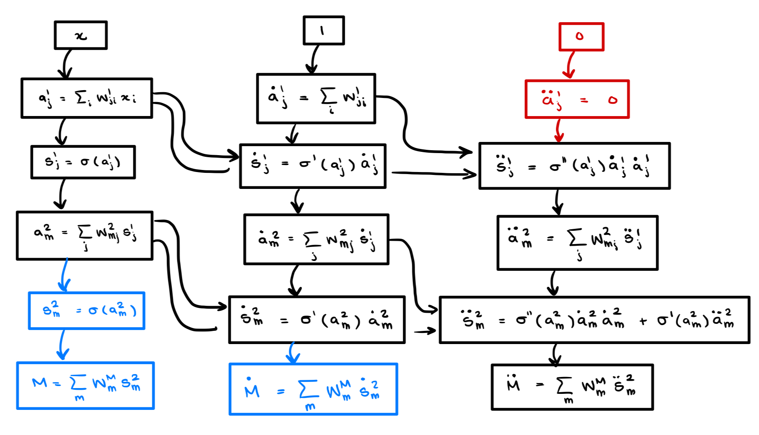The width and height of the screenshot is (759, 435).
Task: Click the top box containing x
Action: click(x=81, y=35)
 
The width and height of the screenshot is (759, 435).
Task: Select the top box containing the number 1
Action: click(x=323, y=30)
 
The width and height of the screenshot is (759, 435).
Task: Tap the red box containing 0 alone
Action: click(x=581, y=37)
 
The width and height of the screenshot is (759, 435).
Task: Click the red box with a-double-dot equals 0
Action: click(x=577, y=99)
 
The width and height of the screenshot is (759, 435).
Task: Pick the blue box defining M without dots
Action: click(x=85, y=386)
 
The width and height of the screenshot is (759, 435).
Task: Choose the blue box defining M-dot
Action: click(x=313, y=389)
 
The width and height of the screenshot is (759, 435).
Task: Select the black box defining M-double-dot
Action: click(x=572, y=387)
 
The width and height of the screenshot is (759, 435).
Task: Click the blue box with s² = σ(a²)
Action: click(x=86, y=311)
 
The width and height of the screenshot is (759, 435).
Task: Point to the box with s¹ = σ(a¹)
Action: click(x=83, y=162)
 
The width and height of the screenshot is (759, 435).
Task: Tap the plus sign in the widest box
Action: click(x=643, y=321)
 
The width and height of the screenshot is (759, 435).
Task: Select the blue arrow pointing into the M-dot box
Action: click(x=292, y=353)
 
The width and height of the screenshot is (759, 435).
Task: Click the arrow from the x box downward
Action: click(x=65, y=64)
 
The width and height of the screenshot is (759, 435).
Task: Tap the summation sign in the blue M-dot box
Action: click(x=308, y=389)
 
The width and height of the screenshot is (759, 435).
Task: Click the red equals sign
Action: click(x=584, y=100)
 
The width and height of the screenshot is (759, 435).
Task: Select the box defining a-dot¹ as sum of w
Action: click(x=316, y=99)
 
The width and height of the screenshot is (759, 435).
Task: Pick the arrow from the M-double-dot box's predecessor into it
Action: click(x=555, y=354)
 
